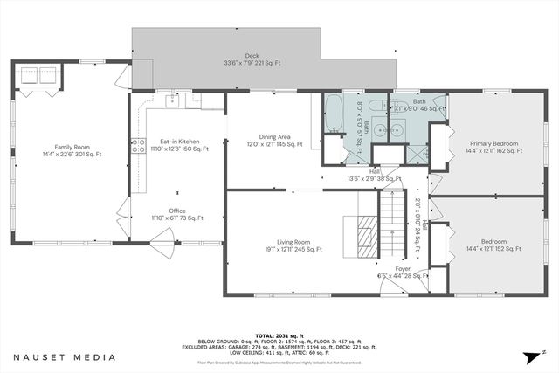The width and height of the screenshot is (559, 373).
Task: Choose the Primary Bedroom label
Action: pyautogui.click(x=493, y=142)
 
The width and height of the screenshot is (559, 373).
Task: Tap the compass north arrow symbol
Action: pyautogui.click(x=532, y=356)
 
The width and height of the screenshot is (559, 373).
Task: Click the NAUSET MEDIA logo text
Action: pyautogui.click(x=64, y=356)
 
